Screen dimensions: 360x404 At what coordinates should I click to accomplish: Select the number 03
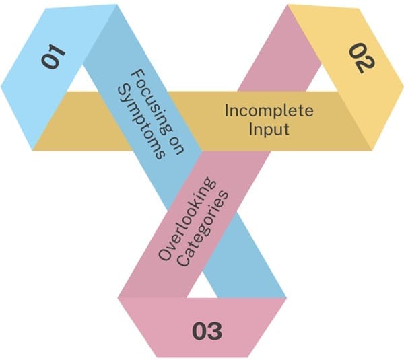207,330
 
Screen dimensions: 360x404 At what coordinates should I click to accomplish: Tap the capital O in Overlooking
164,254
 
